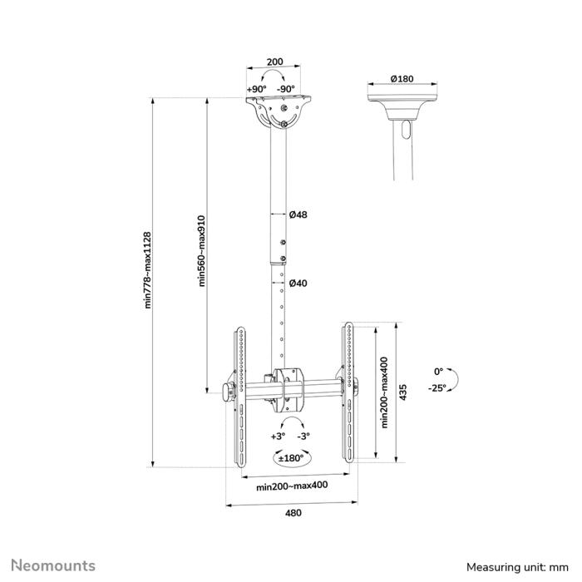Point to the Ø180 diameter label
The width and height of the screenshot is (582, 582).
(402, 79)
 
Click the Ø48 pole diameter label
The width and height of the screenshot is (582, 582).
(298, 215)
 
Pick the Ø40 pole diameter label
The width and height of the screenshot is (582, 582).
(298, 284)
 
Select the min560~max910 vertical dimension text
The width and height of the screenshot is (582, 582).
(200, 251)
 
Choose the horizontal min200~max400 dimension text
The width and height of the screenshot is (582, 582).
(292, 486)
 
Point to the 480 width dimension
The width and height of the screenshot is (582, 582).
(293, 513)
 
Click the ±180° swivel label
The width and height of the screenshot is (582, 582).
(291, 456)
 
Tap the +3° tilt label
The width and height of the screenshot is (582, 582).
(277, 435)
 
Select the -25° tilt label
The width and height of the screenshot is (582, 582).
(437, 387)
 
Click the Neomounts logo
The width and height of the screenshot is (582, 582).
(52, 565)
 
